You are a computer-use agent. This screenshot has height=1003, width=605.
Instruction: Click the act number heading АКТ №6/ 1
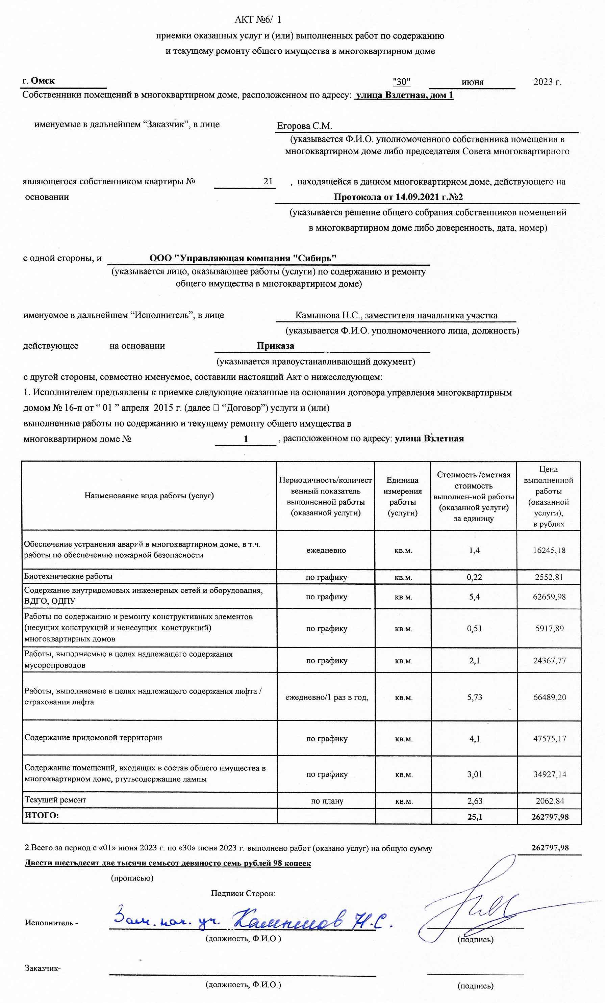click(257, 20)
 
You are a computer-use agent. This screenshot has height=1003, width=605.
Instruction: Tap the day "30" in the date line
click(401, 82)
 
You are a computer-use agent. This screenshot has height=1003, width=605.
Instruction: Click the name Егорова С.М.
click(304, 126)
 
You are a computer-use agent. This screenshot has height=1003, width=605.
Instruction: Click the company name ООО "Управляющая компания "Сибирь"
click(243, 258)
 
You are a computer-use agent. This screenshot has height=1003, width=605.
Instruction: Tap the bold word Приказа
click(275, 346)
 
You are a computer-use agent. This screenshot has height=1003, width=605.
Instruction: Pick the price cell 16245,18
click(549, 550)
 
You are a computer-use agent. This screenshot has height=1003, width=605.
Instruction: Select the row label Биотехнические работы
click(68, 576)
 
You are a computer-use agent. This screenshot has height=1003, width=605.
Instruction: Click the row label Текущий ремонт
click(55, 811)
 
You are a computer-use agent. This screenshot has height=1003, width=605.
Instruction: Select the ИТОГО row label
click(42, 827)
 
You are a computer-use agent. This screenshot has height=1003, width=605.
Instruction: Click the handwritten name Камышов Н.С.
click(312, 922)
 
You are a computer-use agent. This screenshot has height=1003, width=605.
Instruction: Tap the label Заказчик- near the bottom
click(43, 968)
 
